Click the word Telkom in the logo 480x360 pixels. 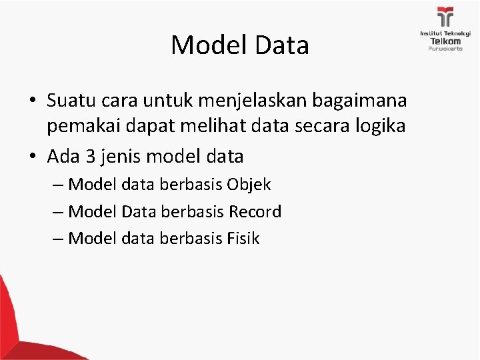pyautogui.click(x=445, y=40)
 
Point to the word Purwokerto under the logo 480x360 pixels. pyautogui.click(x=445, y=49)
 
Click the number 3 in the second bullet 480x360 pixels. pyautogui.click(x=91, y=157)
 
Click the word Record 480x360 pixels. pyautogui.click(x=255, y=211)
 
